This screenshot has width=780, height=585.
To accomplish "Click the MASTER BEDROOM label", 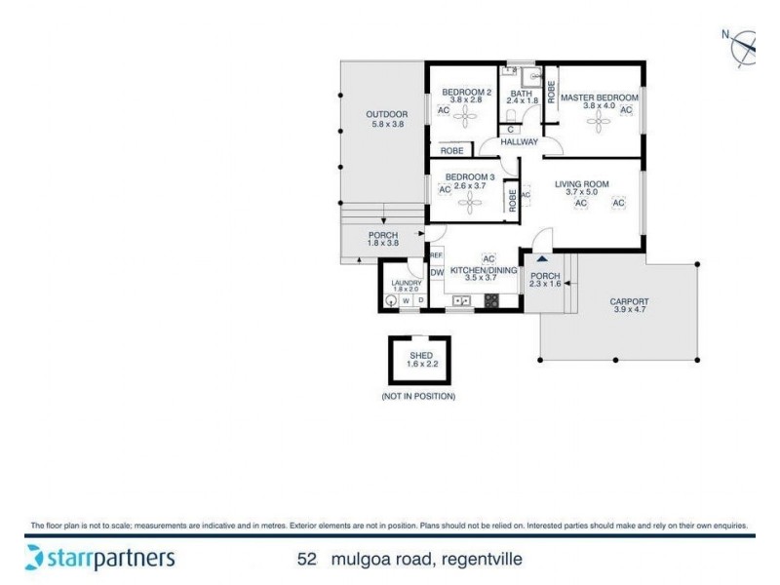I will point(599,97).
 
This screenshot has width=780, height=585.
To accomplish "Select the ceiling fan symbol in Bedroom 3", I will point(473,203).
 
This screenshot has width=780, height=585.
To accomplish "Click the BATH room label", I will point(521,94).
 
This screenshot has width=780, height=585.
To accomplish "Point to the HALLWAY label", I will point(519,142).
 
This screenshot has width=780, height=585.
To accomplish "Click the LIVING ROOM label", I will point(582,184).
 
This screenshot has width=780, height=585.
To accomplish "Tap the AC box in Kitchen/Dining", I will point(489,258).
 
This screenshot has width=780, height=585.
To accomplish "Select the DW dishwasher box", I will point(437,273).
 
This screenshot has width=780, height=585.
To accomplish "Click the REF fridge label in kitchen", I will point(436,255).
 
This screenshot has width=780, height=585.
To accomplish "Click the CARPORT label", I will point(629,301).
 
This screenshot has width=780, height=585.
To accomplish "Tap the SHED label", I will point(419,356).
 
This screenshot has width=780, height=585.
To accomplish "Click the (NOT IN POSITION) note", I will point(418,397).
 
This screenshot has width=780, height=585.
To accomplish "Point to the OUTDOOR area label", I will point(386,114).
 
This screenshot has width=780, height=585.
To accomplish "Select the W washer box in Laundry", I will point(407,301).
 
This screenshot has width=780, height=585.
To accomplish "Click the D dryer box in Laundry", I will point(421,301).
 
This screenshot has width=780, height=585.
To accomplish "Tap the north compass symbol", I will point(743,45).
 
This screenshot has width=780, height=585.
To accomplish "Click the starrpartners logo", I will point(99,558).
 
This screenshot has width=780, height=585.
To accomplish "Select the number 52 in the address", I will point(307,560).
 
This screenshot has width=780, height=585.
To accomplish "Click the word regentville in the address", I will point(482,560).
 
